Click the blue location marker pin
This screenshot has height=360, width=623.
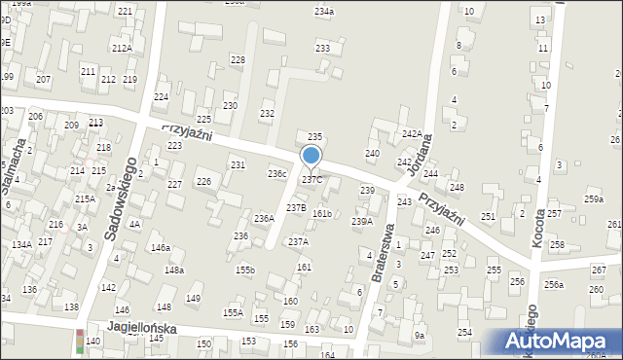click(x=311, y=157)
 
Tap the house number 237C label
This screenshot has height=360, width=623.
click(x=311, y=180)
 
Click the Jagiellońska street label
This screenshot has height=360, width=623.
click(x=142, y=329)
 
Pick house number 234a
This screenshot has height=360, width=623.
click(x=324, y=11)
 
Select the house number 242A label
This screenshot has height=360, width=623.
click(x=413, y=133)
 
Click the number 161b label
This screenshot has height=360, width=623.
click(x=322, y=213)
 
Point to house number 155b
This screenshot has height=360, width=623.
click(x=244, y=270)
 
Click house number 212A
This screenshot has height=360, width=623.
click(x=122, y=48)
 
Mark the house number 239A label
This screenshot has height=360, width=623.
click(x=362, y=222)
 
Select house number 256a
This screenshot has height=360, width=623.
click(x=554, y=284)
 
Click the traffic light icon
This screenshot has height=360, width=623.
click(x=79, y=342)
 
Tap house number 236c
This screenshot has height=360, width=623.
click(x=277, y=174)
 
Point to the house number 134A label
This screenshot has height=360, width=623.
click(x=21, y=245)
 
